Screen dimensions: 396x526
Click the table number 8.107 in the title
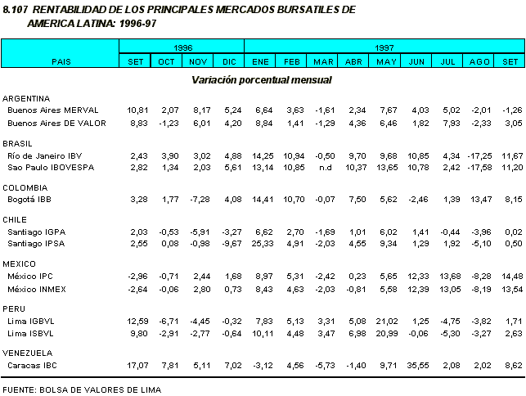(17, 9)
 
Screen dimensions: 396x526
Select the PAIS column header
(61, 61)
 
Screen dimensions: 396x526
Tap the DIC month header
(229, 61)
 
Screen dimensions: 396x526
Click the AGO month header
(481, 61)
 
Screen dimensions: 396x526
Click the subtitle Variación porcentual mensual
(262, 80)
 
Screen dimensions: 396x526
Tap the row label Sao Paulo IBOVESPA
(51, 166)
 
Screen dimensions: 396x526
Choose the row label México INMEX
(37, 288)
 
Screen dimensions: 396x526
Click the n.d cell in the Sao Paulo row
(324, 166)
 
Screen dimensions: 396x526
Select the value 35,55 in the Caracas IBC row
(417, 366)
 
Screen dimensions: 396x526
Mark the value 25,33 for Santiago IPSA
(260, 243)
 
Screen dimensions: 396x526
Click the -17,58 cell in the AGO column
(479, 166)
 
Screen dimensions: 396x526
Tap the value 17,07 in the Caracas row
(135, 366)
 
